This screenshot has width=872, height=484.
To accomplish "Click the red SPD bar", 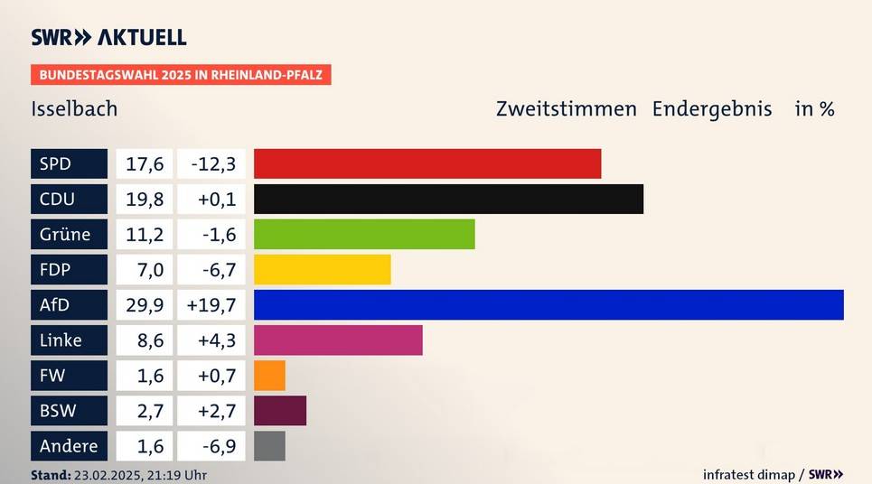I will pyautogui.click(x=427, y=163).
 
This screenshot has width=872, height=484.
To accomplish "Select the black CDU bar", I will pyautogui.click(x=448, y=199).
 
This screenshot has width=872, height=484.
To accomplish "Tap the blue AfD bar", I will pyautogui.click(x=549, y=304).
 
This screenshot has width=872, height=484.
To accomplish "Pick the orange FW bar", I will pyautogui.click(x=269, y=375).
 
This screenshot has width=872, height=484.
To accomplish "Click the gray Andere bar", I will pyautogui.click(x=269, y=445).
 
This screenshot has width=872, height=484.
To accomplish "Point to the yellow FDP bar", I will pyautogui.click(x=322, y=269).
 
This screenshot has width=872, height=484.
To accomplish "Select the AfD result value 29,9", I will pyautogui.click(x=145, y=304).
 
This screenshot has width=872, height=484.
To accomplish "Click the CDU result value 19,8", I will pyautogui.click(x=145, y=199).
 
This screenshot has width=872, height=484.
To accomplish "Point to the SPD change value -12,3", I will pyautogui.click(x=212, y=163).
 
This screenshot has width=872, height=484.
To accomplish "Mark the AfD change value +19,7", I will pyautogui.click(x=212, y=304).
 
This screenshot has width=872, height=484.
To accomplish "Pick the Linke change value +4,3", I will pyautogui.click(x=212, y=340).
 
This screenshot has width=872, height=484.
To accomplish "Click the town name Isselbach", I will pyautogui.click(x=74, y=109).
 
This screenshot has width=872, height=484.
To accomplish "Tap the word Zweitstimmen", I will pyautogui.click(x=567, y=109).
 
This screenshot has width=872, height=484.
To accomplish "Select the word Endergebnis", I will pyautogui.click(x=712, y=109).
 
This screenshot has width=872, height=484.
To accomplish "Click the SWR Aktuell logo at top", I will pyautogui.click(x=108, y=37).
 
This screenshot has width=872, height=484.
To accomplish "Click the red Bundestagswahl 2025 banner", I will pyautogui.click(x=181, y=74).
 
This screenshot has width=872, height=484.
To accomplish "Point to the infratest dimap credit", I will pyautogui.click(x=748, y=474).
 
